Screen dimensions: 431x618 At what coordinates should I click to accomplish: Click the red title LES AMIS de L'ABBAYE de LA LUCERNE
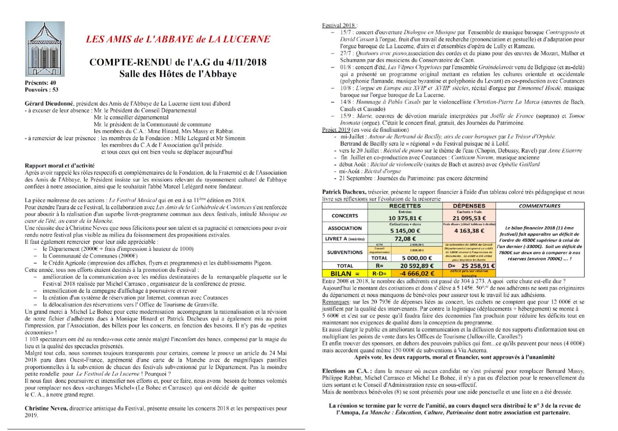(178, 39)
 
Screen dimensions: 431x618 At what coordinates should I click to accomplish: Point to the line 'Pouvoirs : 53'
(41, 90)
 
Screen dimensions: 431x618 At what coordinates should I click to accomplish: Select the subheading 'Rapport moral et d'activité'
(59, 165)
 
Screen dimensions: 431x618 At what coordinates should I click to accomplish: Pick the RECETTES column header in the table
(405, 206)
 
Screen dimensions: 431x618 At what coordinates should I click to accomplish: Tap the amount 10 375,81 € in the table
(405, 218)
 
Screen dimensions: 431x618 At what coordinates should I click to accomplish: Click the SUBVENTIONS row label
(345, 252)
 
